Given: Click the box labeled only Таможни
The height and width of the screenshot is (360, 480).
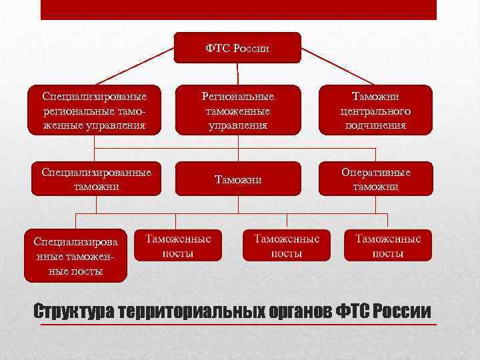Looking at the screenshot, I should [x=237, y=179].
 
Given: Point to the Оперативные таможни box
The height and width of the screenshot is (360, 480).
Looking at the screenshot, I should [x=375, y=179].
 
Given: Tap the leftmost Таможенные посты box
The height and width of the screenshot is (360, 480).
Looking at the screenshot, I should [x=178, y=245].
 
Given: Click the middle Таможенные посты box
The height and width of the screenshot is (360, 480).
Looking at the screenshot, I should [x=286, y=245].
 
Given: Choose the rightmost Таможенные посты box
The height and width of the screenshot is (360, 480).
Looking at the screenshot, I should [x=387, y=245].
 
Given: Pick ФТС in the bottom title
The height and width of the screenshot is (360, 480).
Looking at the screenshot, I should [x=353, y=312].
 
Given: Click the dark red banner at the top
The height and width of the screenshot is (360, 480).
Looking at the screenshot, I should [x=238, y=9].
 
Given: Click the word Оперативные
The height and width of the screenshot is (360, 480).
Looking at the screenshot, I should [x=375, y=173].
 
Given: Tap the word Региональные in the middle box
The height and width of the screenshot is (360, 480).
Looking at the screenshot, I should [x=237, y=97].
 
